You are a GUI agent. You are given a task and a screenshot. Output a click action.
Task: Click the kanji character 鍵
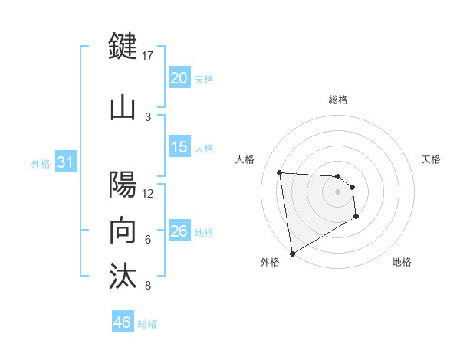click(x=123, y=47)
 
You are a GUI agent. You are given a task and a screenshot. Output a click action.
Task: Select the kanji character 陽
click(x=123, y=185)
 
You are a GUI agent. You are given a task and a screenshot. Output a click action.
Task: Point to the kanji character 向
click(x=123, y=230)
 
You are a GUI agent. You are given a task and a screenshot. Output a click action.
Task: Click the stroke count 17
click(x=148, y=55)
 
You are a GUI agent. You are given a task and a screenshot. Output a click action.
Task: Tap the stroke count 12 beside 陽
click(x=148, y=193)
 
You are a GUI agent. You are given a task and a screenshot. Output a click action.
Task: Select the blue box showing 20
click(x=179, y=78)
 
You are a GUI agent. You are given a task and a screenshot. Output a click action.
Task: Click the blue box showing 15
click(x=179, y=147)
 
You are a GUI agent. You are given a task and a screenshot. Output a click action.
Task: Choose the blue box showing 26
click(x=179, y=231)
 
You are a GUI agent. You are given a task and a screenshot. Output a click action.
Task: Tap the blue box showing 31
click(x=65, y=162)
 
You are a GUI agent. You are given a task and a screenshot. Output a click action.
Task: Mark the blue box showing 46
click(x=123, y=322)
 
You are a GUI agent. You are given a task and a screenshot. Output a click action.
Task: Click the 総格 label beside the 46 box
click(x=148, y=324)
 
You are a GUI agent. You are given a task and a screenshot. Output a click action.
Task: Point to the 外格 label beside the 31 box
click(x=41, y=164)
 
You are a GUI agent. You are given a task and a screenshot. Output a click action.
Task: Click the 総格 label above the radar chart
click(x=338, y=100)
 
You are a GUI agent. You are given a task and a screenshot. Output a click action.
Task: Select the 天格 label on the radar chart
click(x=432, y=159)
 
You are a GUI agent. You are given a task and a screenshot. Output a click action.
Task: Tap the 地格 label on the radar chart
click(x=402, y=262)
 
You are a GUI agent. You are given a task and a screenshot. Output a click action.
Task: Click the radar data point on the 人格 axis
click(x=280, y=172)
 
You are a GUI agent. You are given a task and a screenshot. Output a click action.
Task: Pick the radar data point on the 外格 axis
click(x=292, y=253)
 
